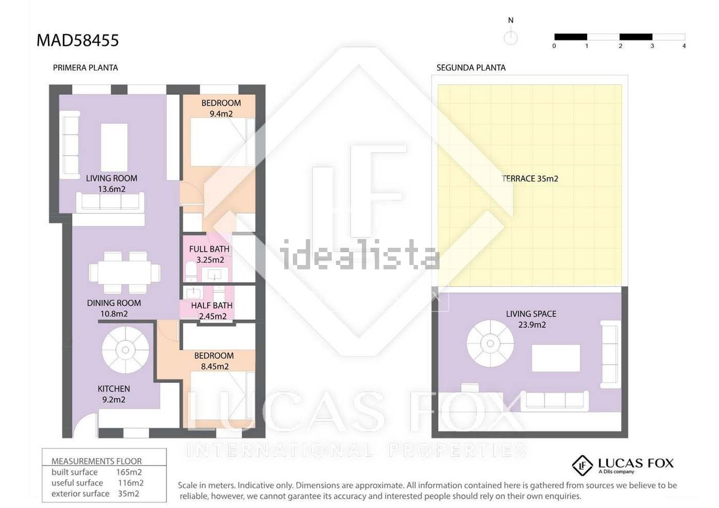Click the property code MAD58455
tap(78, 40)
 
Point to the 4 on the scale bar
tap(684, 46)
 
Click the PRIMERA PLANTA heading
tap(85, 68)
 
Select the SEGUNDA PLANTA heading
tap(471, 68)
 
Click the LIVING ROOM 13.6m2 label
tap(111, 184)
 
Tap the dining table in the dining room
tap(125, 273)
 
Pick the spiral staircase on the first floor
tap(126, 350)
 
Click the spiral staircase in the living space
tap(490, 343)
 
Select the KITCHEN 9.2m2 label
tap(114, 394)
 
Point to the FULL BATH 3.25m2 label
tap(209, 254)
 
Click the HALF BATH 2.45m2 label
tap(212, 311)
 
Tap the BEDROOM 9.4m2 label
tap(221, 108)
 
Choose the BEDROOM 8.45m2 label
tap(214, 361)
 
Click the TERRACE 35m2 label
tap(530, 179)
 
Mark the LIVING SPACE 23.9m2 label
tap(531, 319)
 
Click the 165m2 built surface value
tap(129, 472)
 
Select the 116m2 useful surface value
tap(131, 483)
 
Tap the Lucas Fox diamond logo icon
tap(582, 465)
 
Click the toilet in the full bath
tap(191, 271)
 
